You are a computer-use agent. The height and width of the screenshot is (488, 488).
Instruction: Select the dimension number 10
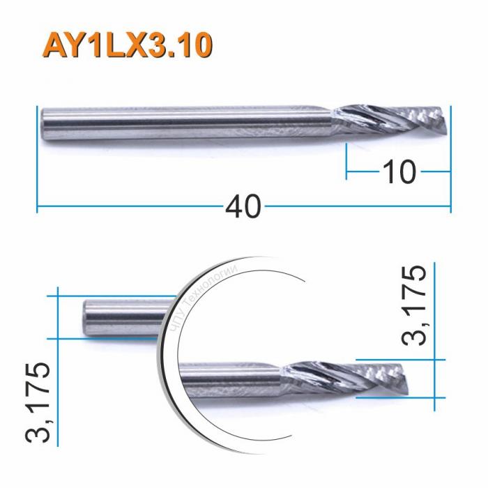[398, 170]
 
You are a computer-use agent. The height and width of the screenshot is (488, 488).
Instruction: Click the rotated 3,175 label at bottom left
[36, 403]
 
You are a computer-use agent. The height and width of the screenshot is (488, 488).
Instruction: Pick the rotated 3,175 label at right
[414, 305]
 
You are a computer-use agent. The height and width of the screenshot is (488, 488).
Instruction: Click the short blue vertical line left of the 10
[346, 162]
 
